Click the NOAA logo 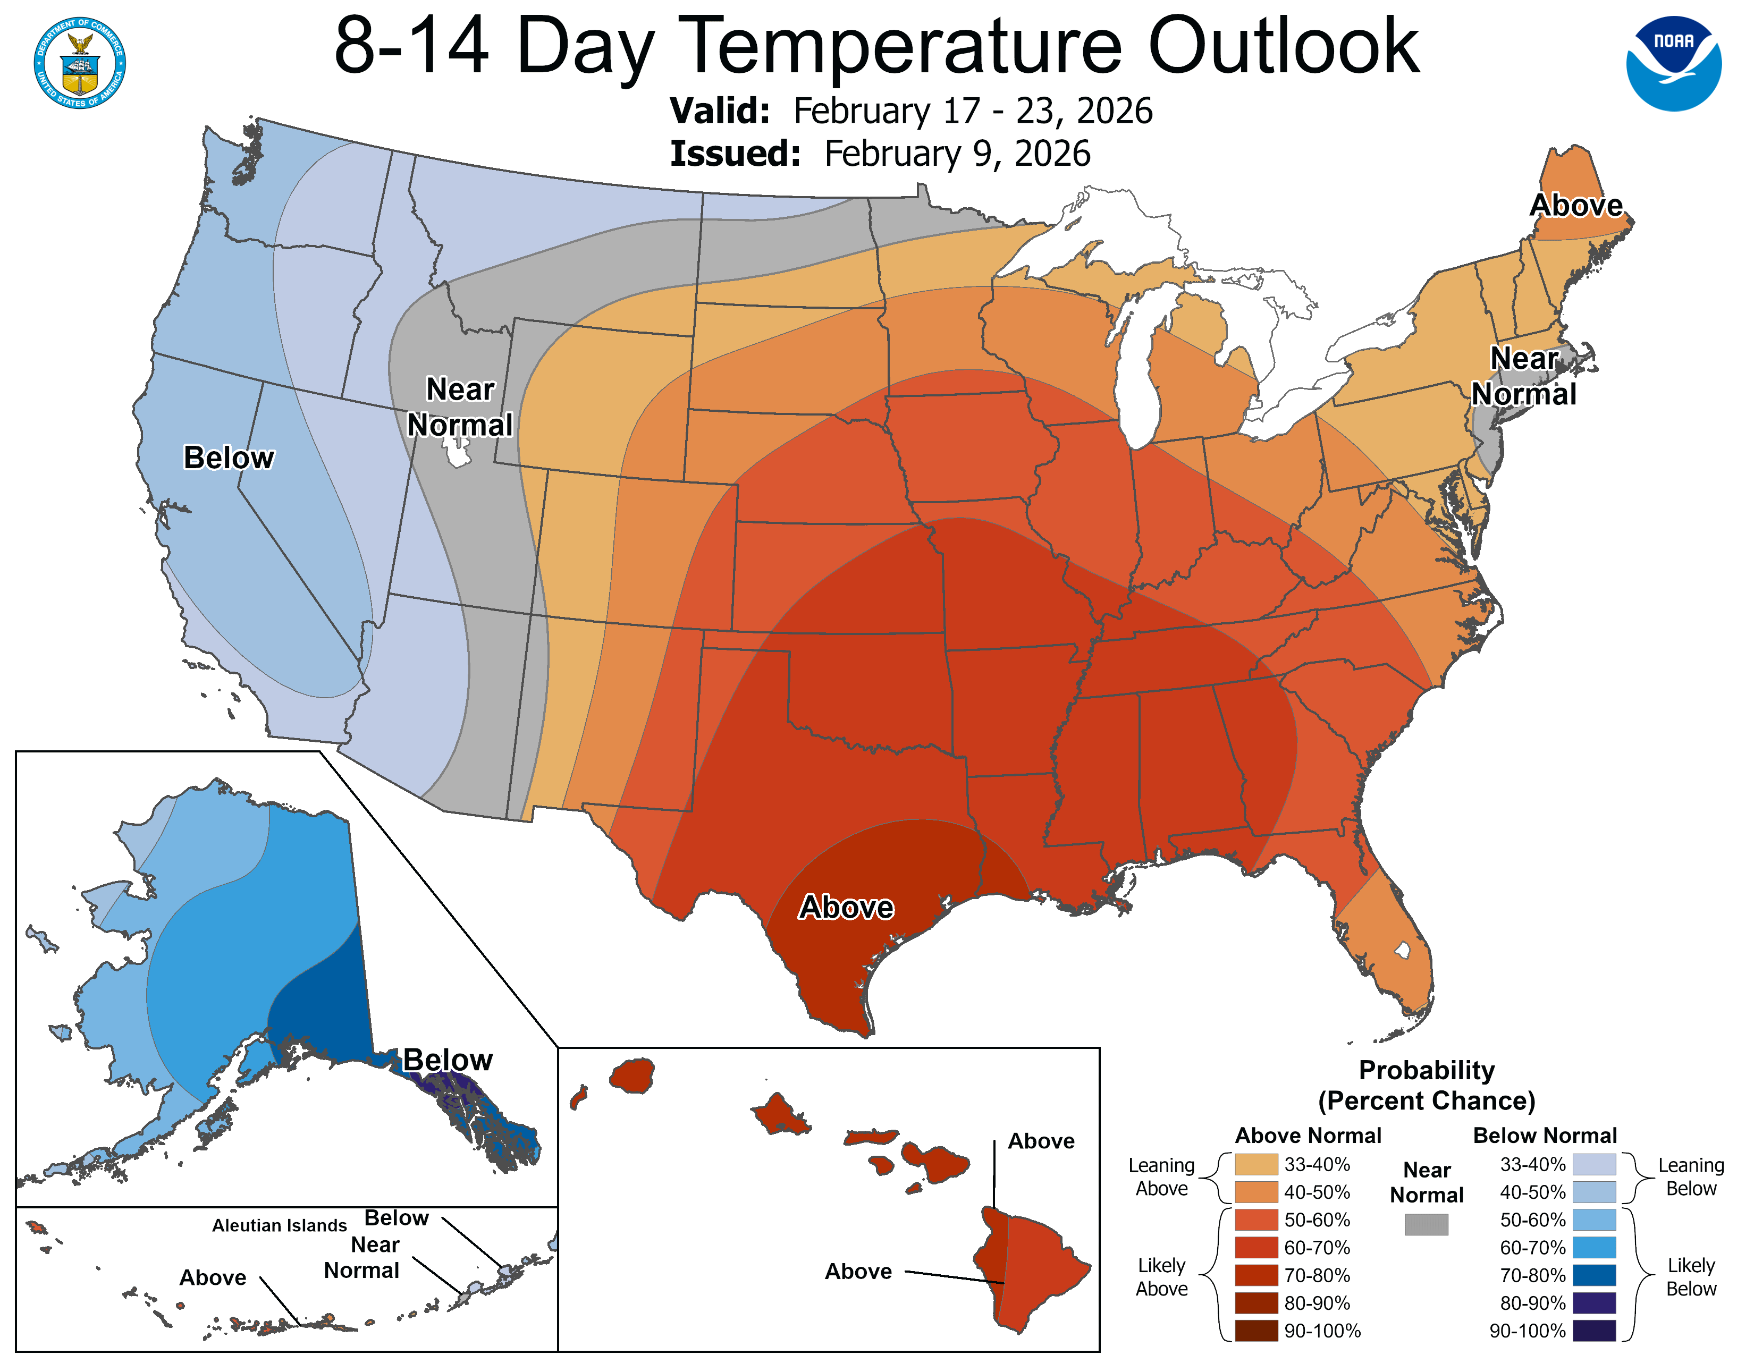pos(1674,63)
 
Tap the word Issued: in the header pos(735,154)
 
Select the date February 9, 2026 pos(957,154)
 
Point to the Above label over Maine pos(1576,206)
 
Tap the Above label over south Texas pos(846,907)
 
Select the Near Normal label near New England pos(1523,376)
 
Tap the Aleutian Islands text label pos(280,1225)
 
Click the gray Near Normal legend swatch pos(1427,1224)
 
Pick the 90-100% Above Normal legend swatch pos(1256,1331)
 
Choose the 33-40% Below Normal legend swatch pos(1594,1164)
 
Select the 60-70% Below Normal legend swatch pos(1594,1248)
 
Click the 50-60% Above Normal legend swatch pos(1256,1220)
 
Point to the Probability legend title pos(1427,1070)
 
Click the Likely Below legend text pos(1691,1276)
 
